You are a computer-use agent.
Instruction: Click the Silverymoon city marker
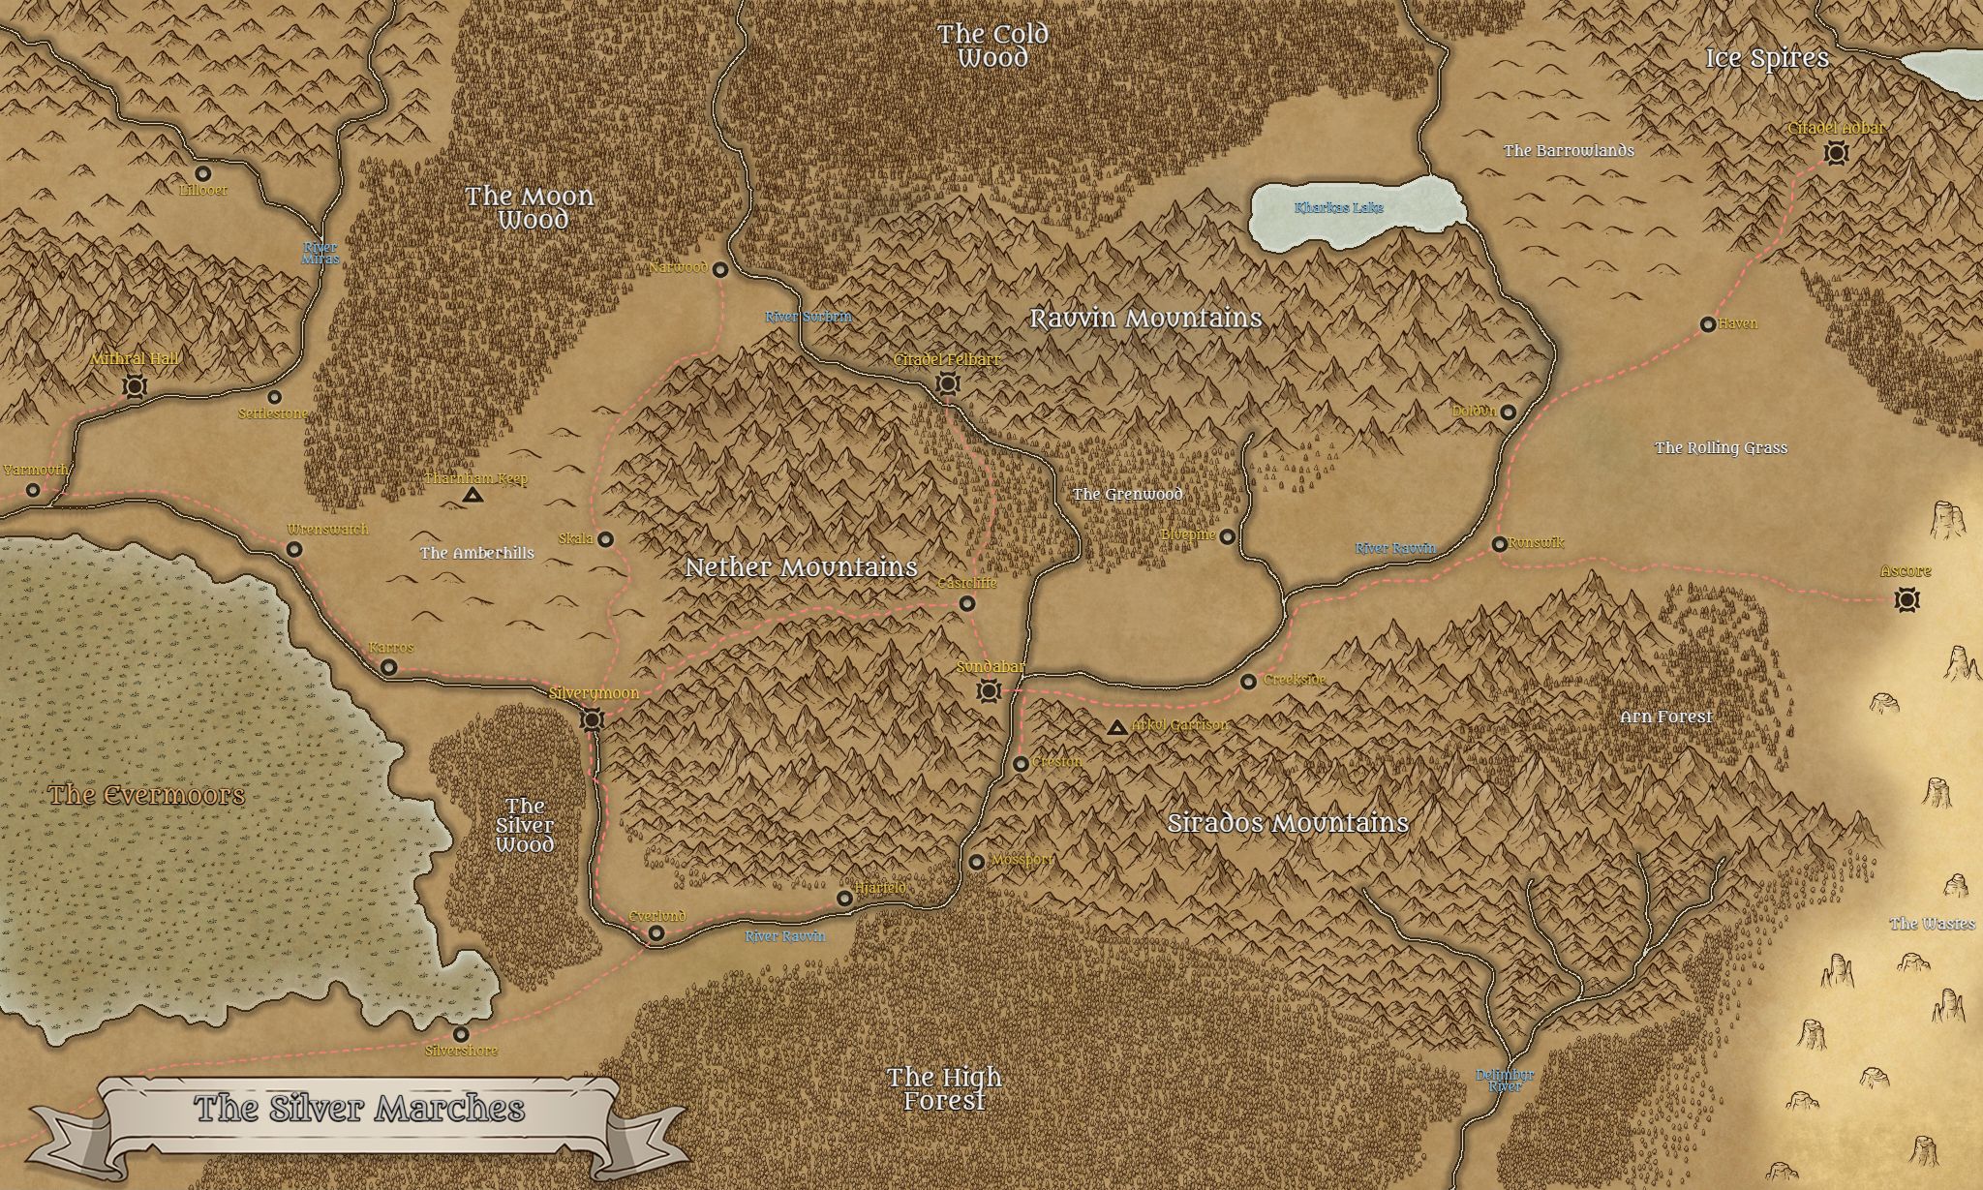coord(592,719)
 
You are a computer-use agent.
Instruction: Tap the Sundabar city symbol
coord(989,690)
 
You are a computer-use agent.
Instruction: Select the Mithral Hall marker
coord(135,387)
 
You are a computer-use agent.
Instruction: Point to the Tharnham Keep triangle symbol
coord(473,496)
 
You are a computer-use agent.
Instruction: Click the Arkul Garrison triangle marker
coord(1116,727)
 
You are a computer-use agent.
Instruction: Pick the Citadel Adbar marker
coord(1834,153)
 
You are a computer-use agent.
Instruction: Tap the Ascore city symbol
coord(1907,599)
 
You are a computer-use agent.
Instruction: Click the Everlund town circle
coord(656,933)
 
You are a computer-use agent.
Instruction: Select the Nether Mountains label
coord(801,567)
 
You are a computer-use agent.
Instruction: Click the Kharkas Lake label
coord(1339,208)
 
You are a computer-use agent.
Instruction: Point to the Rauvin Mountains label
coord(1145,319)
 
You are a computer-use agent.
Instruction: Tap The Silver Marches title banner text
coord(359,1109)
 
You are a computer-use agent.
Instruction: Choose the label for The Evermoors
coord(146,796)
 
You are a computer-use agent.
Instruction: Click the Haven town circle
coord(1708,324)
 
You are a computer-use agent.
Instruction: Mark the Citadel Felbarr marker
coord(947,384)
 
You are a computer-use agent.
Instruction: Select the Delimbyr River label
coord(1505,1081)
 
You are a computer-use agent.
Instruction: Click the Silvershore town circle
coord(461,1034)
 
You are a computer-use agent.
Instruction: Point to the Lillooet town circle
coord(203,174)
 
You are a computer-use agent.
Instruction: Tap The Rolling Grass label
coord(1721,448)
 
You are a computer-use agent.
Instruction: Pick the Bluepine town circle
coord(1227,536)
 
